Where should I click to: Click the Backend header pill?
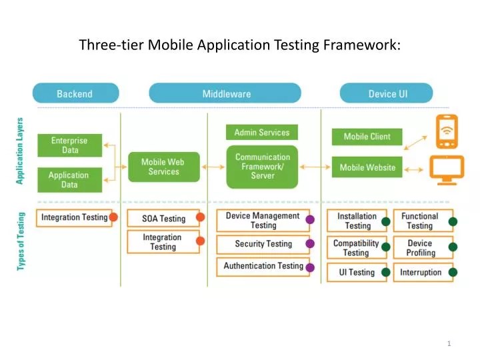[75, 94]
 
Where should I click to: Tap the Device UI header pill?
[387, 94]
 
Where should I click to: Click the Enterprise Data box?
[69, 145]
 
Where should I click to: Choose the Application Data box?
[69, 180]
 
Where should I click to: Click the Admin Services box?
[262, 133]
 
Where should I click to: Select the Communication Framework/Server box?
[262, 167]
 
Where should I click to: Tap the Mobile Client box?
[367, 137]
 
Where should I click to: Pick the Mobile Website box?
[367, 167]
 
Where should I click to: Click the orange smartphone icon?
[446, 133]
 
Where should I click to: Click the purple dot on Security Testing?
[310, 244]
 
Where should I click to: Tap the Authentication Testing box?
[263, 267]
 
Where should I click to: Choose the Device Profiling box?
[420, 248]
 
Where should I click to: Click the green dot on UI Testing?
[385, 272]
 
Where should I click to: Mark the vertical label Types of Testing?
[21, 241]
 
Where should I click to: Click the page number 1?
[449, 343]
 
